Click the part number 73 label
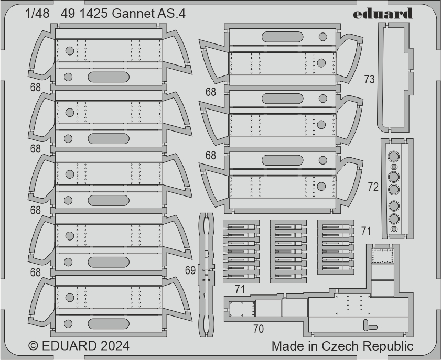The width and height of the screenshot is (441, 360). click(369, 79)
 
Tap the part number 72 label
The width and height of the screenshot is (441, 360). click(373, 187)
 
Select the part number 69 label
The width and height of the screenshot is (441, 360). click(191, 270)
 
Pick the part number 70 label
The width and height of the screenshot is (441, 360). click(258, 329)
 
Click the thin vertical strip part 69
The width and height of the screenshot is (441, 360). click(207, 275)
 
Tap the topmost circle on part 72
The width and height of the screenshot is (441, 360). click(394, 156)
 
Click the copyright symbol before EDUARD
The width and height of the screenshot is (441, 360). click(33, 346)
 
